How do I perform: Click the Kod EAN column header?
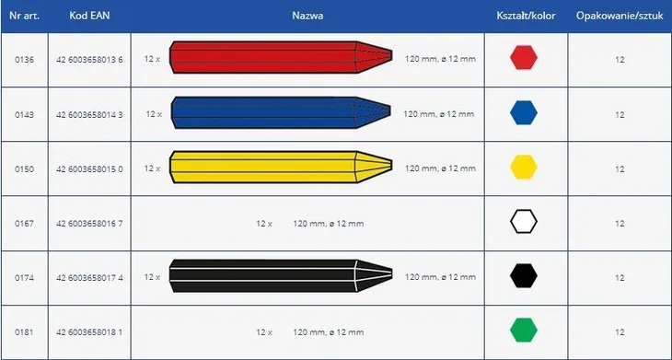[x=89, y=16]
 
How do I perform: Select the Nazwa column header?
[x=307, y=16]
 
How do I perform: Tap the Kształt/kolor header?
[x=526, y=16]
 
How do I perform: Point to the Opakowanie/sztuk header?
[x=620, y=16]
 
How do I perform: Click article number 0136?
[x=24, y=60]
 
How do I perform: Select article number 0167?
[x=24, y=224]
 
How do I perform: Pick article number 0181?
[x=24, y=332]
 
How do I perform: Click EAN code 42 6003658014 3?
[x=89, y=115]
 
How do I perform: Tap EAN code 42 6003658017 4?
[x=89, y=278]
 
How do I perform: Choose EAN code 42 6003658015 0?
[x=89, y=169]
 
